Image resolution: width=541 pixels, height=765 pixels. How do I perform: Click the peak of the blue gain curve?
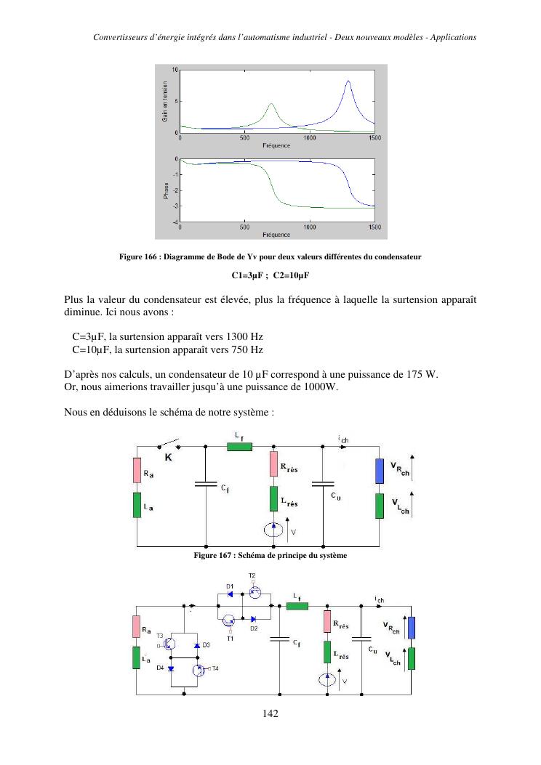348,81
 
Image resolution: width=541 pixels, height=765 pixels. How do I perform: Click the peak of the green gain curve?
271,104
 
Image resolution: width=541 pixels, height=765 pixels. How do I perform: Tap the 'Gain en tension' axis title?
165,100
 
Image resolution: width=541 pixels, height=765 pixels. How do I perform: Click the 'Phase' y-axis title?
165,190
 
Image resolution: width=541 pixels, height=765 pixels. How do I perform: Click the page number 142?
270,713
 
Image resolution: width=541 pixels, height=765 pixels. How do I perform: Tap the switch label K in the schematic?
168,458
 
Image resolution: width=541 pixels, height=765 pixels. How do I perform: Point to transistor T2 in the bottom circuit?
255,593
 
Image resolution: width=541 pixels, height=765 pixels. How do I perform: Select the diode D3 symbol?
197,644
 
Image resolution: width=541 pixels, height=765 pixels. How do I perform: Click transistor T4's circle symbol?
198,669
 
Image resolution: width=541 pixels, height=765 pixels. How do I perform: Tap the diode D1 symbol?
230,594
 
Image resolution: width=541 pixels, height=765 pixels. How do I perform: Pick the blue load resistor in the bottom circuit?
411,627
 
